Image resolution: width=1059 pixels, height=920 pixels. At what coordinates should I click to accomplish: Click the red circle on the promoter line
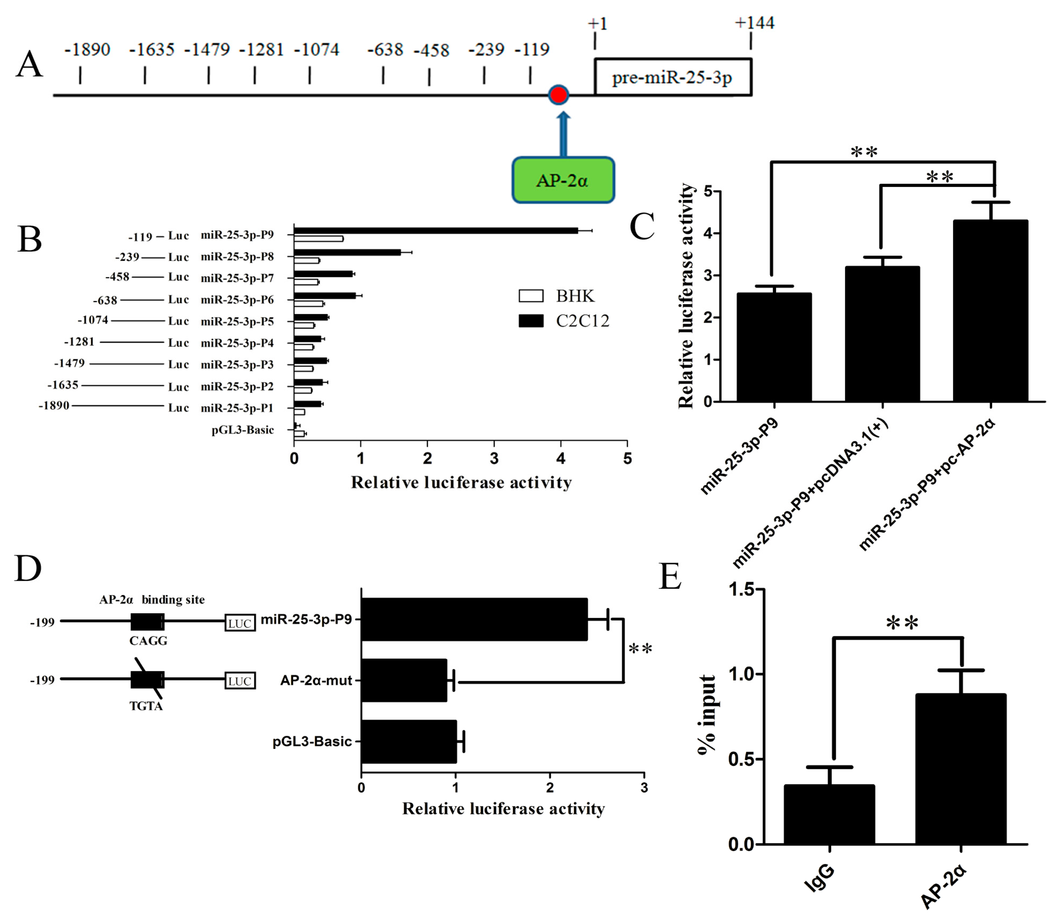coord(558,95)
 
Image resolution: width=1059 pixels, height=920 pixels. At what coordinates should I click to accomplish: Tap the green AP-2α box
coord(563,180)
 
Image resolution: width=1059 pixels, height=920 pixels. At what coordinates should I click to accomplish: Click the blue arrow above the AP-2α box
coord(563,135)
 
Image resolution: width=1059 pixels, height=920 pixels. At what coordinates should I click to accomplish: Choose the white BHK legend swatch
coord(531,296)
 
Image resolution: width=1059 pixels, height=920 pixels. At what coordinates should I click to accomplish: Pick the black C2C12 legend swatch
coord(531,321)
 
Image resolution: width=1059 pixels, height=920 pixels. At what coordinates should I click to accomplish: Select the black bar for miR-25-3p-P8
coord(347,252)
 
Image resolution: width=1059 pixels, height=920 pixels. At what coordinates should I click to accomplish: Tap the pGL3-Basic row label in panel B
coord(242,430)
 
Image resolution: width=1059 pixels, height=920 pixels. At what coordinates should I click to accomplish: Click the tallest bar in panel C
coord(990,311)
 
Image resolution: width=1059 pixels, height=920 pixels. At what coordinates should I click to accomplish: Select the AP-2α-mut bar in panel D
coord(404,680)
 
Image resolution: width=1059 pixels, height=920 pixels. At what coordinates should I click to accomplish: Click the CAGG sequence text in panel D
coord(148,641)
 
